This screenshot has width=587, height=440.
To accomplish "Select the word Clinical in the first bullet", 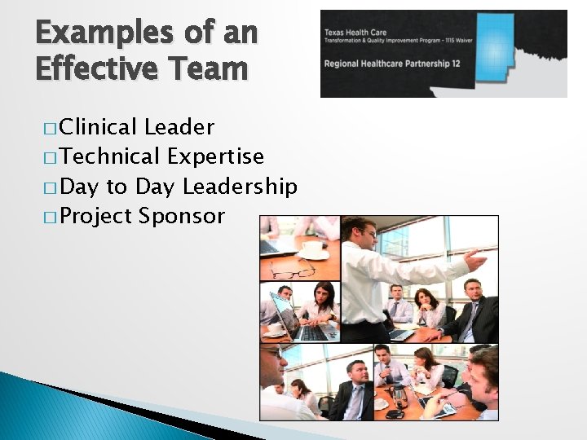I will coord(98,127).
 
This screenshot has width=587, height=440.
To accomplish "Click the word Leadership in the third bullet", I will coord(240,187).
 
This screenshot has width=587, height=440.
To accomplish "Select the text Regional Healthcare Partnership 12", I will coord(394,64).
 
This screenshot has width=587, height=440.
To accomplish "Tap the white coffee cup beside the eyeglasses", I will coord(311,247).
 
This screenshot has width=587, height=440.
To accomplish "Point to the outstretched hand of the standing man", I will coord(474,261).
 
